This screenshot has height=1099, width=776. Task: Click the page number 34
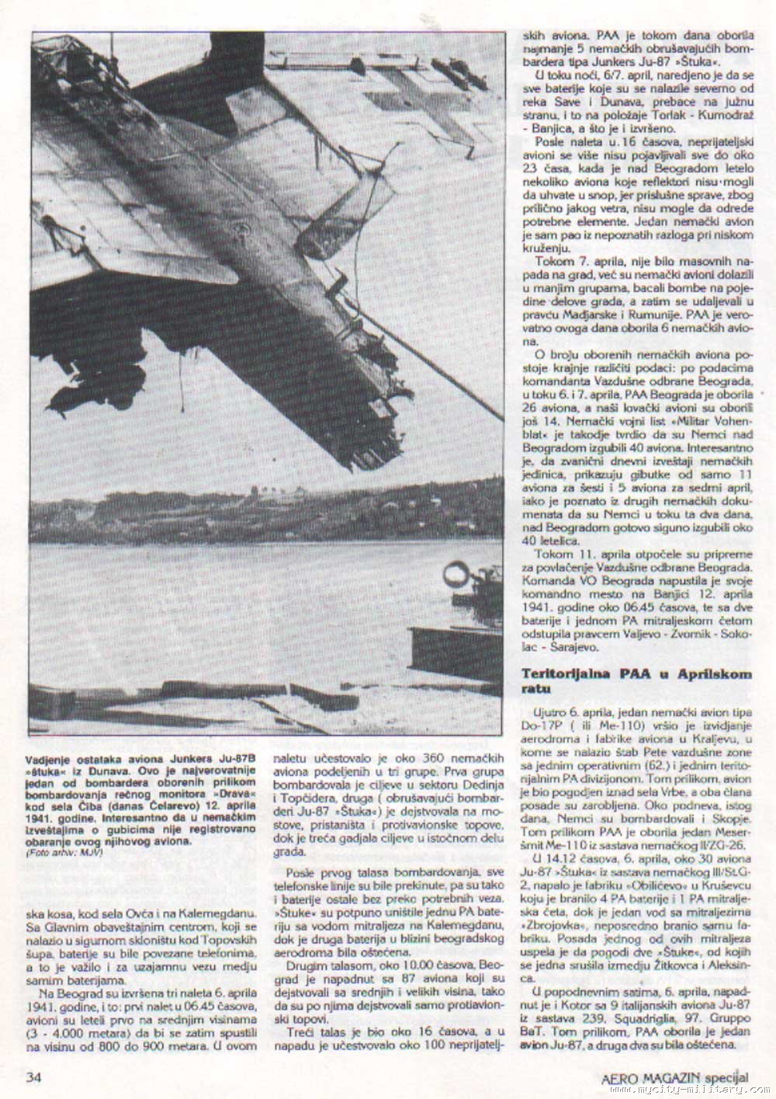click(x=33, y=1076)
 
